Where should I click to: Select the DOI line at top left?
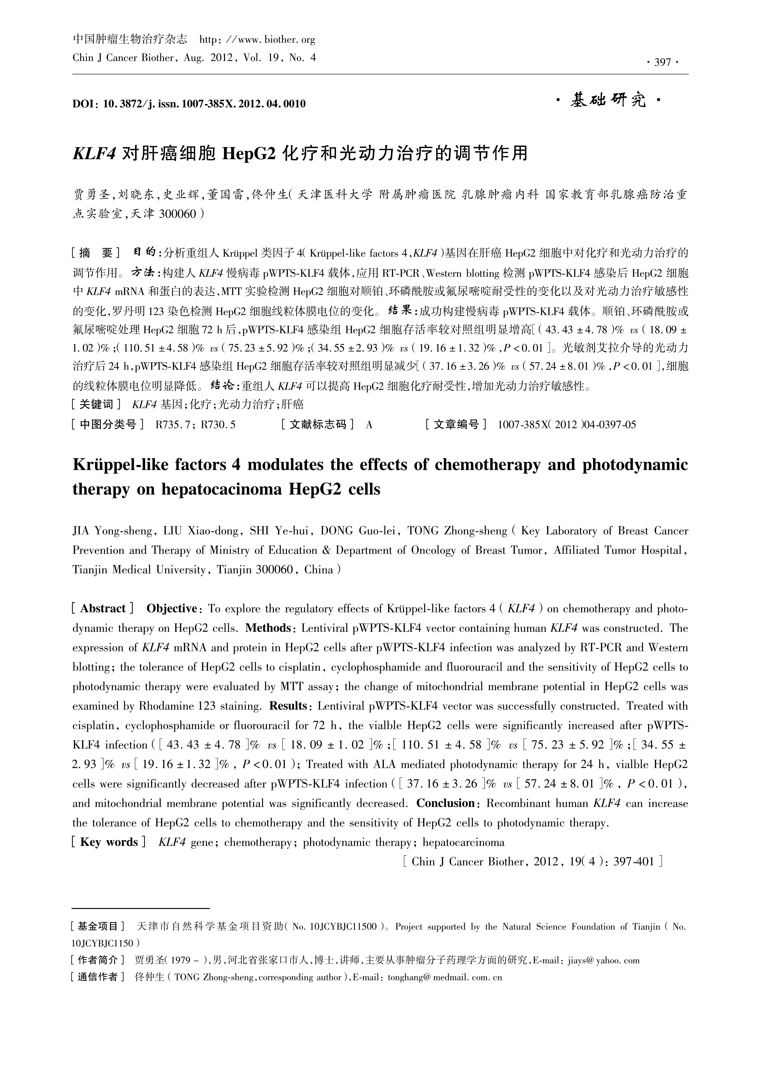pos(189,104)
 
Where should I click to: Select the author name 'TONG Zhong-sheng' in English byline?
pos(457,531)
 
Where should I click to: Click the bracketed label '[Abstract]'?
pos(103,609)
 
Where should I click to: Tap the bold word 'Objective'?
pos(172,609)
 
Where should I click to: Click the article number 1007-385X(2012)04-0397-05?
pos(566,425)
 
